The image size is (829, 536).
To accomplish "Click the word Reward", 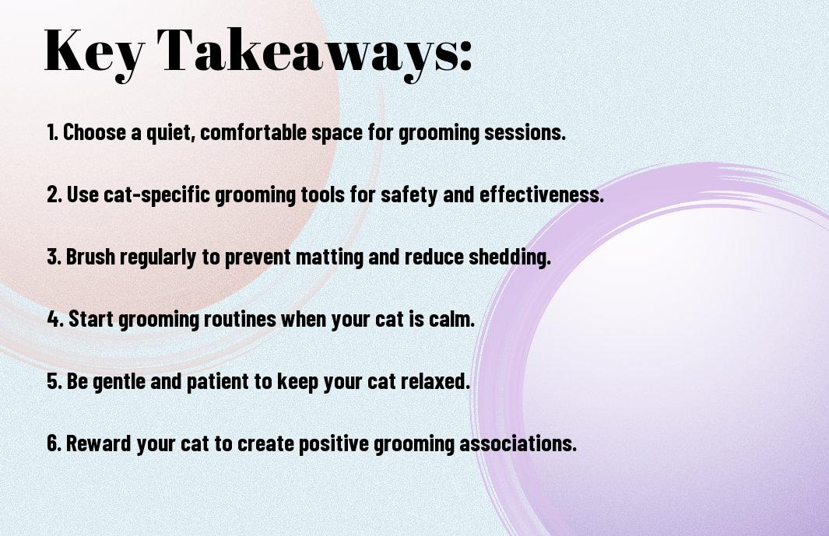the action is click(99, 443).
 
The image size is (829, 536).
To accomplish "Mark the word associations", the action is click(518, 443).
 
